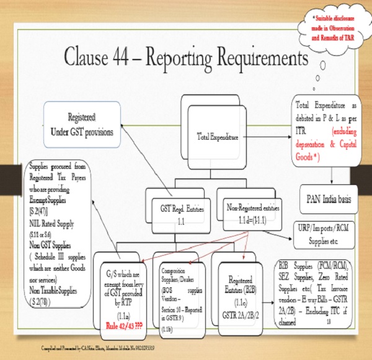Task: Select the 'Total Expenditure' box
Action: pos(216,136)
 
